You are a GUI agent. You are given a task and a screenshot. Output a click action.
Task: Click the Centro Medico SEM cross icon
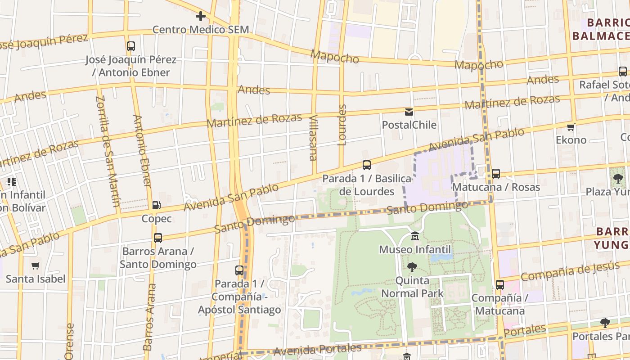pos(201,17)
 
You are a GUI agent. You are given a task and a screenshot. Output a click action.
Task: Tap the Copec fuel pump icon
pos(157,205)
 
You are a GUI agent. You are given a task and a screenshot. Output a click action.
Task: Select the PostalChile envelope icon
pos(409,112)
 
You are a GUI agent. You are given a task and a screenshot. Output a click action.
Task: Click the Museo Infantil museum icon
pos(415,236)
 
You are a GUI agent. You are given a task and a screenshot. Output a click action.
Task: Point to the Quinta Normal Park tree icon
pos(412,268)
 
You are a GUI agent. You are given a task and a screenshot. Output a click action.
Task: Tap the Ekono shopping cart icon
pos(571,127)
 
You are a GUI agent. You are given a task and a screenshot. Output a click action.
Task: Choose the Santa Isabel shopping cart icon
pos(36,266)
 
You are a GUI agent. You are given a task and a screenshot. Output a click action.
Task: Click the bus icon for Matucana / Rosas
pos(496,174)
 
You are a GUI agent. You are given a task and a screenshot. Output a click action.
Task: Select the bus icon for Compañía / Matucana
pos(500,285)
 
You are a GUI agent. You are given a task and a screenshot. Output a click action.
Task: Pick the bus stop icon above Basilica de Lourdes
pos(367,165)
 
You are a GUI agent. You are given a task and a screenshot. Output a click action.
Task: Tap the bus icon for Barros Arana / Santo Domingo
pos(158,238)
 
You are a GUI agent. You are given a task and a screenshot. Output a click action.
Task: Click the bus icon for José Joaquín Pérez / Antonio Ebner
pos(131,46)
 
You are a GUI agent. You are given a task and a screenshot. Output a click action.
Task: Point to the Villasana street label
pos(313,138)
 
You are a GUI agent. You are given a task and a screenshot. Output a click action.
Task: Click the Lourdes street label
pos(342,125)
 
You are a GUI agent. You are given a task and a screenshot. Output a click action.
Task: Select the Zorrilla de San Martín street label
pos(108,151)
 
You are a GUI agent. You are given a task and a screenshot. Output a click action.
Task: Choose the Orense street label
pos(69,341)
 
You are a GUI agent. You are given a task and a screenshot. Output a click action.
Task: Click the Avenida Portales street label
pos(317,350)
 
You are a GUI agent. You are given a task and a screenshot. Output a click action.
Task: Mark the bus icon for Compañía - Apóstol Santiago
pos(239,270)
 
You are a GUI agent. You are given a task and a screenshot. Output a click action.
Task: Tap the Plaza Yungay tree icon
pos(618,179)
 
